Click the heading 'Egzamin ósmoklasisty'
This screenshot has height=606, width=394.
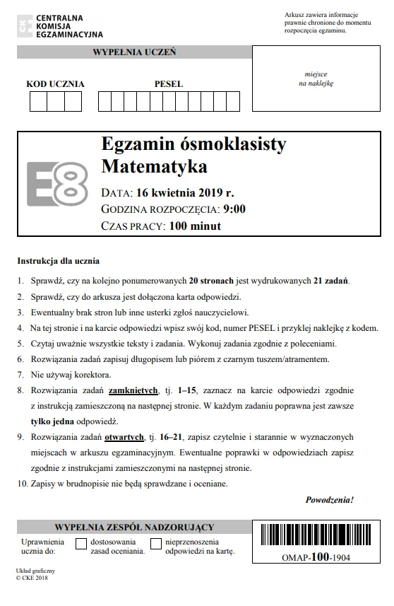[193, 144]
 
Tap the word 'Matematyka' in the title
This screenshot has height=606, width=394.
[155, 168]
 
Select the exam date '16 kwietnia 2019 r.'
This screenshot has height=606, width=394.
[185, 192]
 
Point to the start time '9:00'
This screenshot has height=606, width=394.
[234, 209]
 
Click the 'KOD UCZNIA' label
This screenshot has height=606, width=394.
[55, 84]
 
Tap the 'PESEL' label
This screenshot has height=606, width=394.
[169, 84]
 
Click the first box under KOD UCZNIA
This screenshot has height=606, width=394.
[38, 102]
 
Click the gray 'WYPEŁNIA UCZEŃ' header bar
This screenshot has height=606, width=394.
[134, 52]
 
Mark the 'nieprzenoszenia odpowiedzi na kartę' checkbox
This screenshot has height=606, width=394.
[156, 544]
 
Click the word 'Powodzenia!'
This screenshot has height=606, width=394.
[330, 500]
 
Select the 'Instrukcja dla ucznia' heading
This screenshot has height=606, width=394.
[59, 261]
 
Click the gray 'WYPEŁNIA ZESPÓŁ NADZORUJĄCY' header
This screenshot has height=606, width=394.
[134, 528]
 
